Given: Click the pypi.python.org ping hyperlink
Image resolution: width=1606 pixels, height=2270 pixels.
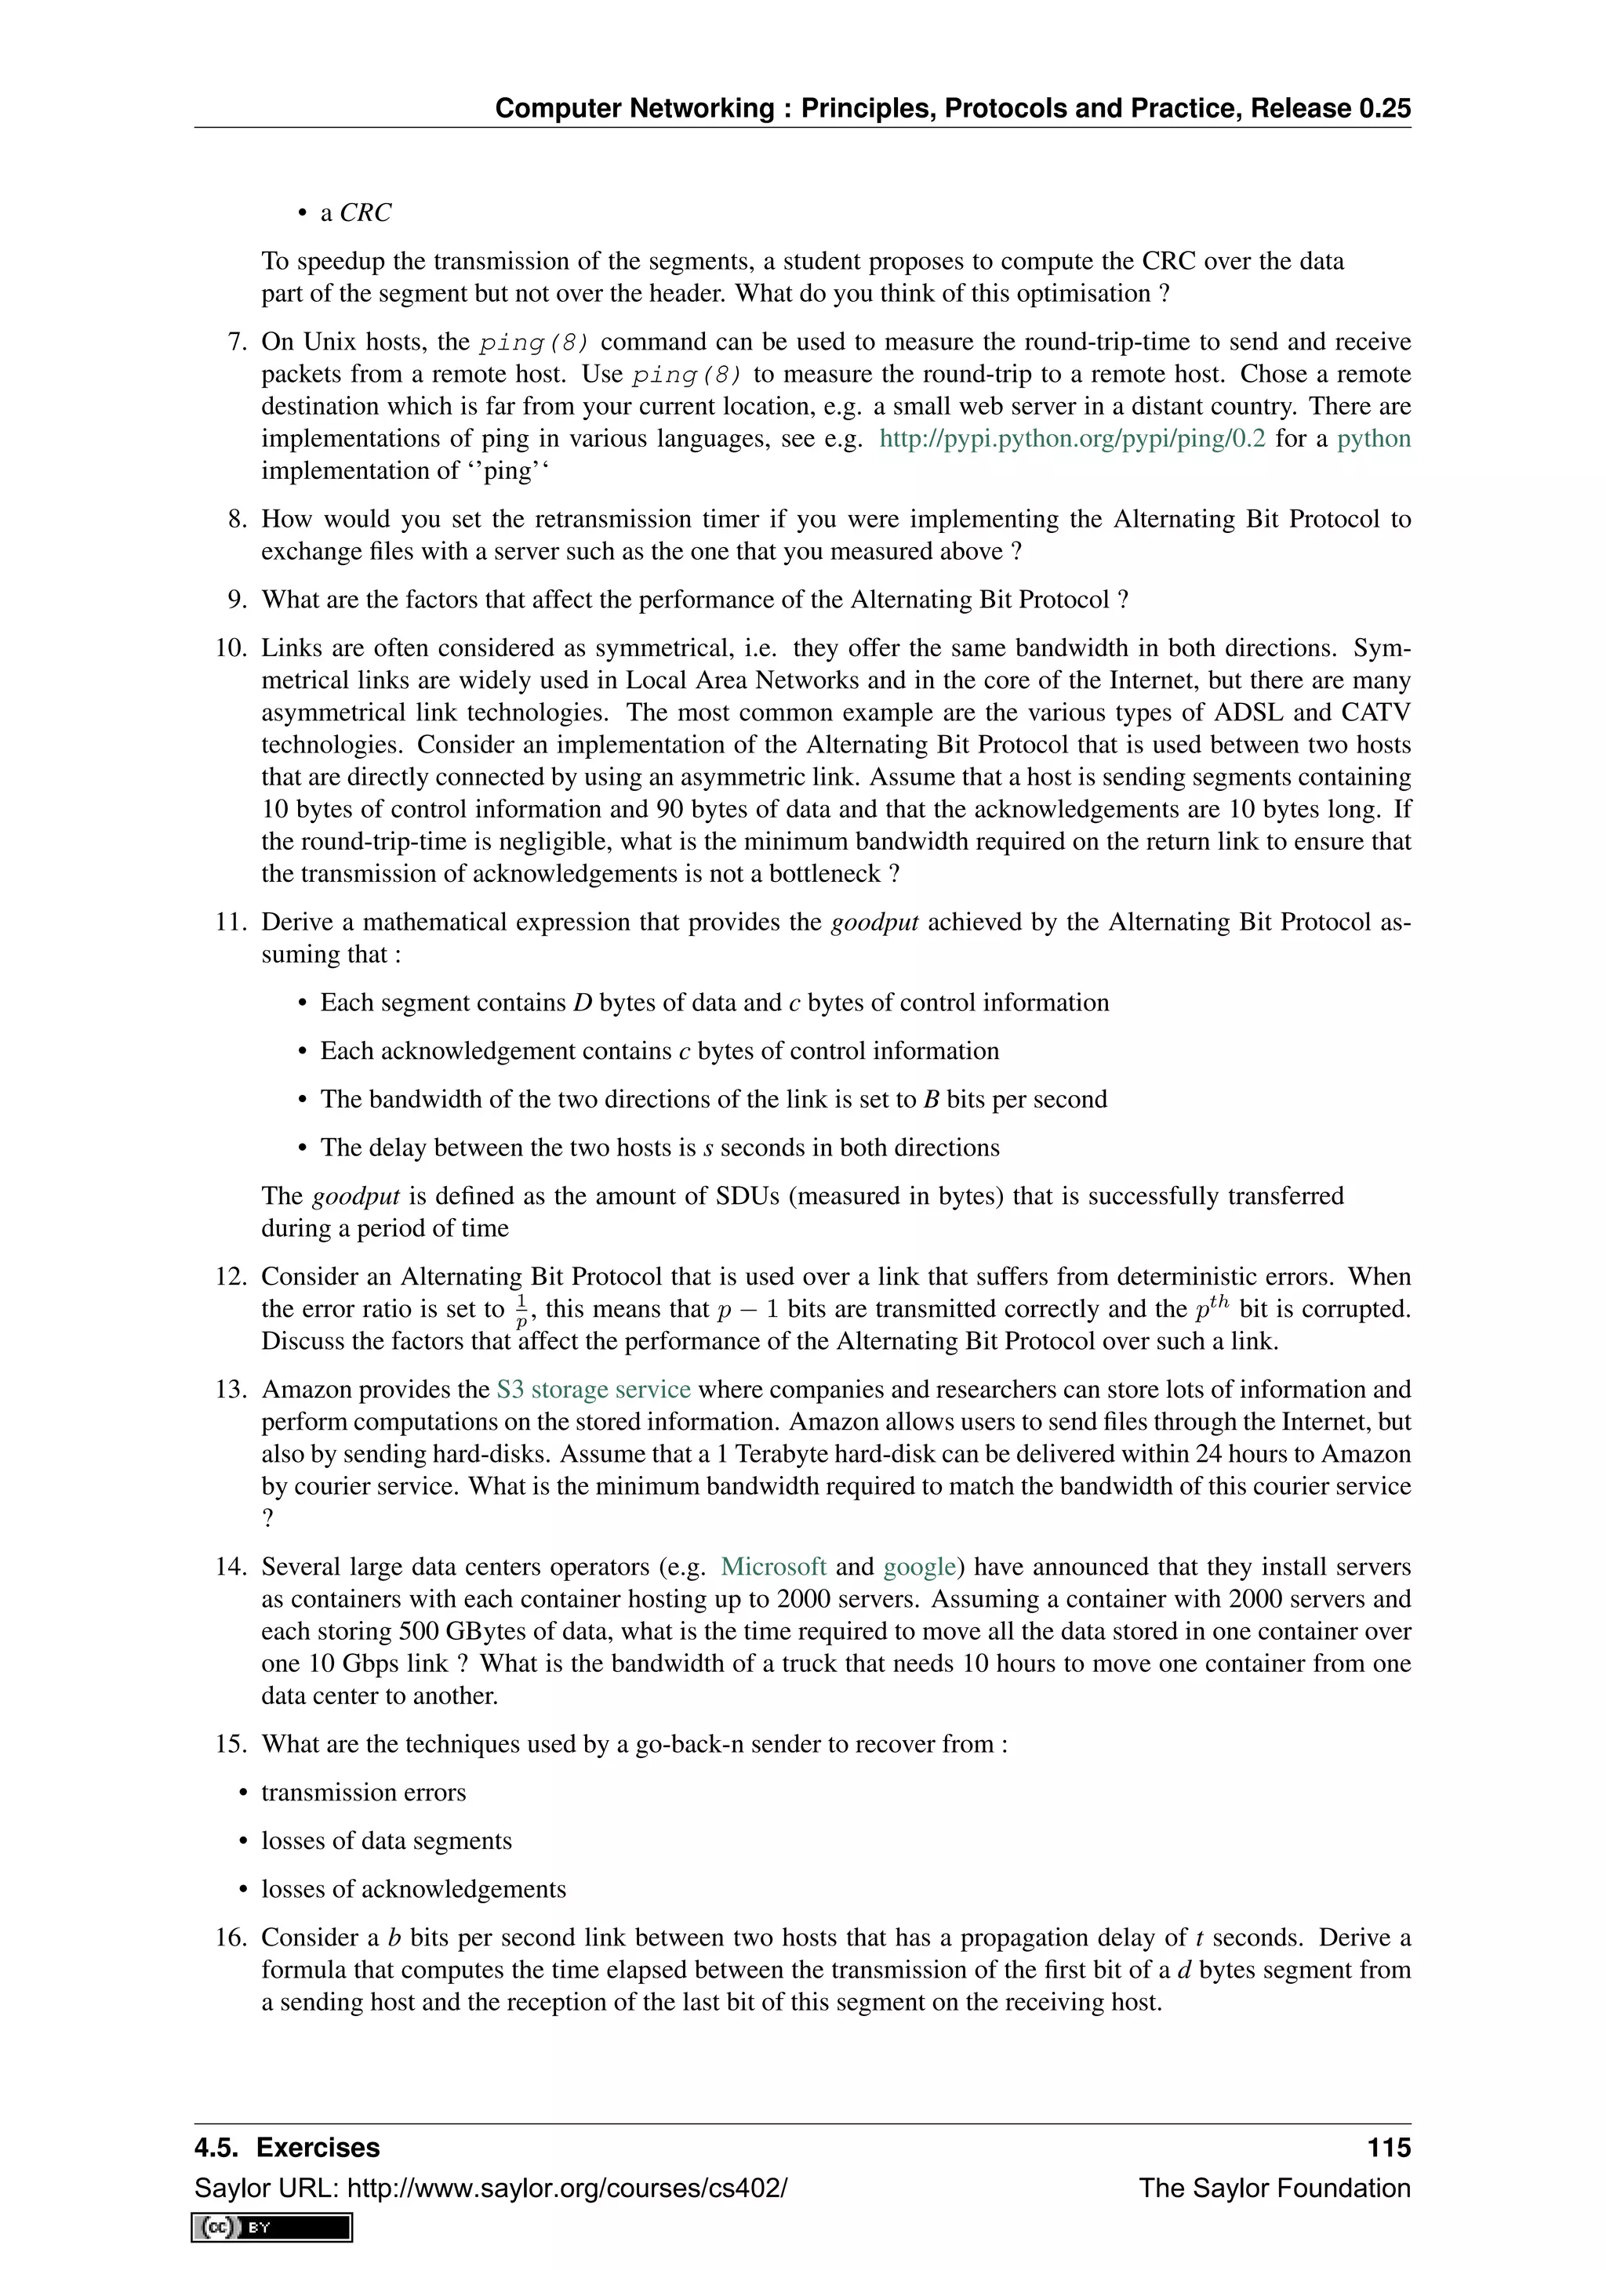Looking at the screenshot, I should [x=1072, y=438].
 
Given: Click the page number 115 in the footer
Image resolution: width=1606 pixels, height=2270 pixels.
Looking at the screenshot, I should [x=1389, y=2148].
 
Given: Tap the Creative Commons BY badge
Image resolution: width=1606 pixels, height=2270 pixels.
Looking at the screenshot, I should [x=273, y=2227].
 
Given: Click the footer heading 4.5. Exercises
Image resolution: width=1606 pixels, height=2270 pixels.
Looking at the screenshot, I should [x=287, y=2148].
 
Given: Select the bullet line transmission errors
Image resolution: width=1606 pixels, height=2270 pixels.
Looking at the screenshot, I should [x=363, y=1793].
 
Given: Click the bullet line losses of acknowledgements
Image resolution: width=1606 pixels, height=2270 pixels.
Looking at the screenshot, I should [x=413, y=1889].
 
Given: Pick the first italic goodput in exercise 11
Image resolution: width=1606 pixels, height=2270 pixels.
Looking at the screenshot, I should [x=874, y=922].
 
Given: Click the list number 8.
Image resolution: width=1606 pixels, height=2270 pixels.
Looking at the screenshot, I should [x=236, y=519].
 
